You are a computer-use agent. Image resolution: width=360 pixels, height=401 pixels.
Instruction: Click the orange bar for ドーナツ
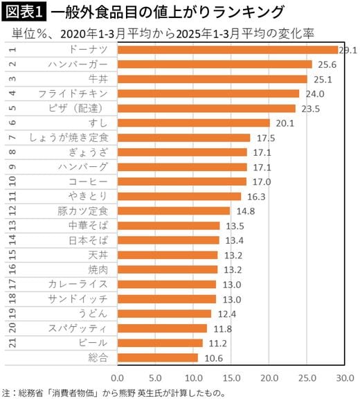tap(227, 50)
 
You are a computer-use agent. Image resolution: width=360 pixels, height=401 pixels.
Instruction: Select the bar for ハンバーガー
tap(215, 64)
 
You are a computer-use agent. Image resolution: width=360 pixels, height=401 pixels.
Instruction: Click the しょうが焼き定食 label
tap(68, 138)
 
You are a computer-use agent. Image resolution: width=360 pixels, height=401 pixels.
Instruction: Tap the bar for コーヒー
tap(181, 181)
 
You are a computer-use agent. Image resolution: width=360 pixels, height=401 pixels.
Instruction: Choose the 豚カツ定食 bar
tap(173, 211)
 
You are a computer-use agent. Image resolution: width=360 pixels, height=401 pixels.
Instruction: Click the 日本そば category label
tap(88, 240)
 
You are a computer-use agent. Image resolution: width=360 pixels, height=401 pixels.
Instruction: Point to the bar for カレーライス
tap(166, 285)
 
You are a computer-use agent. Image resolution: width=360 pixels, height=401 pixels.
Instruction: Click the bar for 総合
tap(157, 358)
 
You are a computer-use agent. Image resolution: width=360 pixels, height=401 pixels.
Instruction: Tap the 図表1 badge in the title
tap(24, 12)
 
